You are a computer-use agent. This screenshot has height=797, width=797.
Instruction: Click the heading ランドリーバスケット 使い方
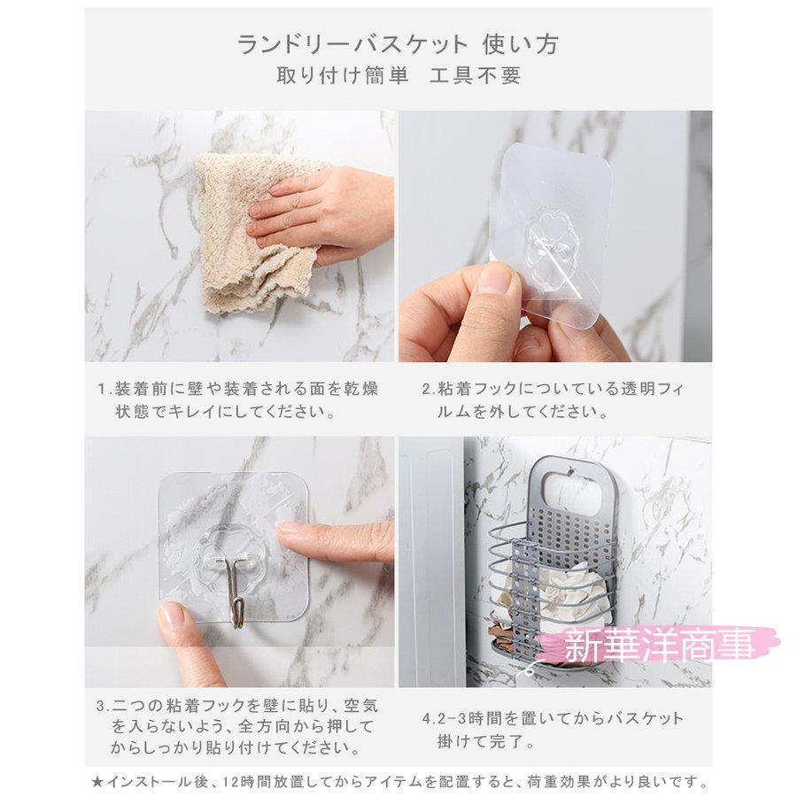pyautogui.click(x=398, y=44)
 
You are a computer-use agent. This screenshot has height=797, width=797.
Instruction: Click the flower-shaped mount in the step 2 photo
pyautogui.click(x=546, y=241)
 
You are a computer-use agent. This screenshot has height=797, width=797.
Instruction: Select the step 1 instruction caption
pyautogui.click(x=238, y=400)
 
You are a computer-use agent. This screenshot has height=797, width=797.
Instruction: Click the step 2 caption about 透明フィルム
pyautogui.click(x=553, y=400)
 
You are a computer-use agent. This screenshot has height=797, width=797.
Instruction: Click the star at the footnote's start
pyautogui.click(x=97, y=782)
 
